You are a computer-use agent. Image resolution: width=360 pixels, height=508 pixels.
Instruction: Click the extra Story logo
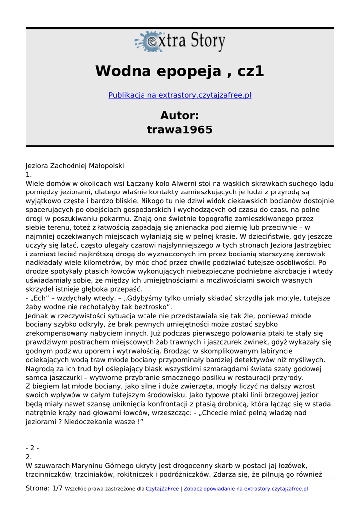click(x=180, y=42)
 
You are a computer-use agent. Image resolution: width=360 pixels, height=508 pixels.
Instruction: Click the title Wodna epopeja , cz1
click(x=180, y=71)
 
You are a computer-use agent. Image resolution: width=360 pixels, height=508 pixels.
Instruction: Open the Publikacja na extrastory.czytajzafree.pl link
click(x=180, y=95)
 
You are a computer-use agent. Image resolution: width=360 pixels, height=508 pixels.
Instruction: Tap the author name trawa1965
click(x=180, y=130)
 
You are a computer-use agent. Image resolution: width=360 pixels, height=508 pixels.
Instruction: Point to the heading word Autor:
click(x=180, y=116)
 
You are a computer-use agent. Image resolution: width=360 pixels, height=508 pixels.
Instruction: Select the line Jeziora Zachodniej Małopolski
click(x=74, y=166)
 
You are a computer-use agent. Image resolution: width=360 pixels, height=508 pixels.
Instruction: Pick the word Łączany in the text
click(x=127, y=184)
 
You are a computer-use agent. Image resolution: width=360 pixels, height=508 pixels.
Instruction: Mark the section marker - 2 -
click(x=32, y=448)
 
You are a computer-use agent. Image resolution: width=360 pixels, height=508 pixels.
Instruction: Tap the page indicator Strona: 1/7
click(x=44, y=488)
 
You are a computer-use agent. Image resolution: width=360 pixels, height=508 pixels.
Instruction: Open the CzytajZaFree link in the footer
click(x=162, y=489)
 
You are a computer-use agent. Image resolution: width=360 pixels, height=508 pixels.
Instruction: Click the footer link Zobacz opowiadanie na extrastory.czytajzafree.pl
click(x=246, y=489)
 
